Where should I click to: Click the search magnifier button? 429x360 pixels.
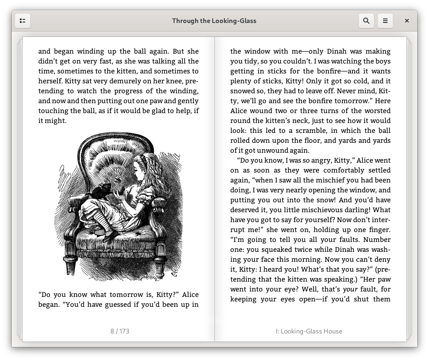(x=366, y=21)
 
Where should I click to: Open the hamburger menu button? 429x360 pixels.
(x=385, y=21)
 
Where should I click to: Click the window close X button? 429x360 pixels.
(x=406, y=21)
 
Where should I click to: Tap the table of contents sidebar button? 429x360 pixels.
(x=23, y=21)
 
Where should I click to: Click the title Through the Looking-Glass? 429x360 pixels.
(x=214, y=21)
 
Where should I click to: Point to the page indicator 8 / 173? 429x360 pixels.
(x=120, y=331)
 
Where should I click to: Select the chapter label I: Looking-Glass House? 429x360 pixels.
(x=309, y=331)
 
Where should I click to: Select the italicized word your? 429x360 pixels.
(x=351, y=289)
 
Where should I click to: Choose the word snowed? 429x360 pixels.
(x=243, y=91)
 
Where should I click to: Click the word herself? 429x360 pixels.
(x=50, y=81)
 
